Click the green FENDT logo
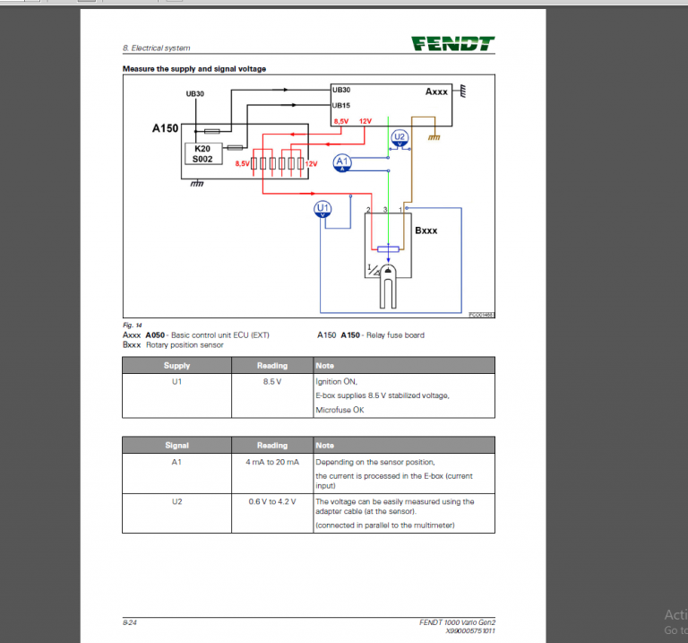tap(452, 43)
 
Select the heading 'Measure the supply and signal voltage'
tap(193, 69)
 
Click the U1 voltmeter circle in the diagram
tap(323, 209)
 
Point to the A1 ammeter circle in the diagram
tap(340, 161)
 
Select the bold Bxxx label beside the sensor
tap(426, 230)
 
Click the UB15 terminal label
tap(341, 105)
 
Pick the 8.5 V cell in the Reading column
tap(272, 381)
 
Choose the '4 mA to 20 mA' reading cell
tap(272, 461)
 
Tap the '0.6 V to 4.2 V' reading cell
tap(272, 501)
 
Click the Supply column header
tap(176, 365)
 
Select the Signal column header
tap(176, 445)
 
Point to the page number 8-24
tap(131, 621)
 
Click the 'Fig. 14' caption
tap(132, 325)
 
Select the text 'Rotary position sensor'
tap(185, 344)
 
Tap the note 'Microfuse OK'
tap(340, 410)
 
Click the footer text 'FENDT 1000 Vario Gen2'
tap(456, 621)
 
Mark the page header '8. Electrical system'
tap(156, 48)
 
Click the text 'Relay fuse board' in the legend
tap(394, 335)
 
